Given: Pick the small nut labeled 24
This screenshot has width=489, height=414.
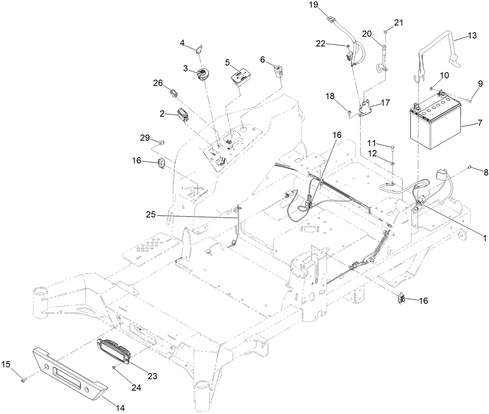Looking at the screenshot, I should pos(113,367).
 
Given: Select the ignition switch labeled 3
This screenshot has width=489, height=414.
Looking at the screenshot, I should pos(203,74).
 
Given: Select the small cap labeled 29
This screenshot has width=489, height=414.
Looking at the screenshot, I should pos(162,140).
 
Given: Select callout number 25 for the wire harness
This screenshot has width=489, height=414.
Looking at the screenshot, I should pos(152,214).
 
